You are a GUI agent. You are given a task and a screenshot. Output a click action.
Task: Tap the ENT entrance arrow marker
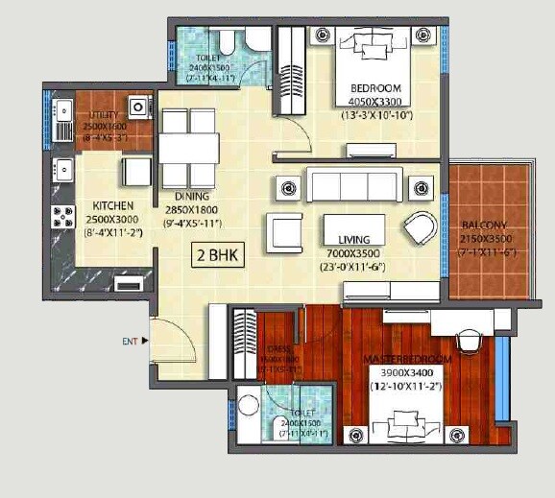coord(145,340)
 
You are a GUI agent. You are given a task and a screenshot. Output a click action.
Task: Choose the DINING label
coord(192,196)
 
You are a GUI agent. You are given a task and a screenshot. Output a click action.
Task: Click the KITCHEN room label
coord(113,206)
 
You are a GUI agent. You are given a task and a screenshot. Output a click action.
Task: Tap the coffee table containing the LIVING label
coord(354,228)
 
